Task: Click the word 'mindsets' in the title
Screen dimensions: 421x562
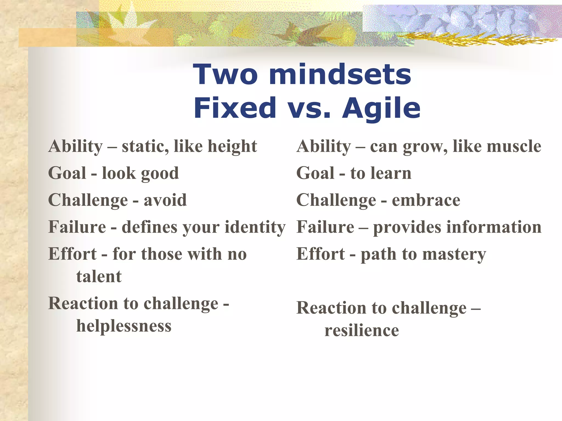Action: (x=340, y=74)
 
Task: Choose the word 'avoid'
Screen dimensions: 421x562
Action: (x=165, y=200)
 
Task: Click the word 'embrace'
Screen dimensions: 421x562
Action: (x=426, y=200)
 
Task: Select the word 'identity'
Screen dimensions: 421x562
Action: (x=255, y=227)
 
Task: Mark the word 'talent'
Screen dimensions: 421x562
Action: (x=99, y=276)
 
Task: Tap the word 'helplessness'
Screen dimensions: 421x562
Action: (x=124, y=326)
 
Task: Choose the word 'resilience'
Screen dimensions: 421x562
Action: (x=362, y=330)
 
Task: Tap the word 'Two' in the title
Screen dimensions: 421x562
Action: (x=225, y=74)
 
